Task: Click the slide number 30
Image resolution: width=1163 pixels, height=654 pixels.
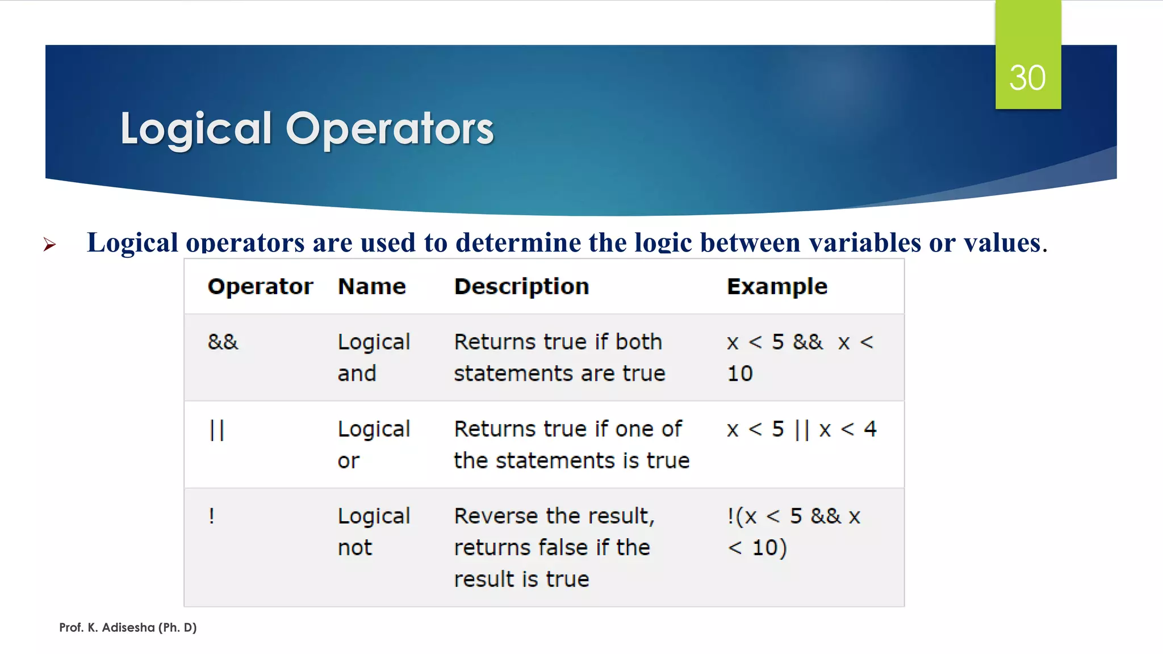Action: (x=1027, y=78)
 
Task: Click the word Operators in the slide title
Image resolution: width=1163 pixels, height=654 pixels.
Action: (x=390, y=129)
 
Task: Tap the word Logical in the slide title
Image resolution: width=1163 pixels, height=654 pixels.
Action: (x=196, y=129)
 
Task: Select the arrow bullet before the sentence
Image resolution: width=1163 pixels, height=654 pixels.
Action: (x=50, y=245)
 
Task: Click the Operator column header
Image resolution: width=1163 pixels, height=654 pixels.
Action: (x=260, y=287)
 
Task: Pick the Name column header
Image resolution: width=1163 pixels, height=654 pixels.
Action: (x=372, y=287)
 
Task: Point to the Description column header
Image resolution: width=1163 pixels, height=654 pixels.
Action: (x=521, y=287)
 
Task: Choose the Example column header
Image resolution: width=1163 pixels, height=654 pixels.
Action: (x=777, y=287)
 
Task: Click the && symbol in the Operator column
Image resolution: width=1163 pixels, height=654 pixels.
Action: (x=223, y=342)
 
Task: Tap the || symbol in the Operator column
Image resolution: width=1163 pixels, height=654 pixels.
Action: (x=217, y=430)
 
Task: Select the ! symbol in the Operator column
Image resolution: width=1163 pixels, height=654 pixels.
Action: (x=211, y=516)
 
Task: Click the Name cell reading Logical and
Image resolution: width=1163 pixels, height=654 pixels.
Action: (x=373, y=358)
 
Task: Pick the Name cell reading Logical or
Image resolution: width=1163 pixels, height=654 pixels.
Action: (x=373, y=445)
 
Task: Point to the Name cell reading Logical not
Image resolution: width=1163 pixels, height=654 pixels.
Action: (x=373, y=531)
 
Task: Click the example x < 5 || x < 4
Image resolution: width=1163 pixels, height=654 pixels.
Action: (x=801, y=429)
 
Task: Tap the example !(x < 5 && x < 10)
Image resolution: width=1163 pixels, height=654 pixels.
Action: (x=793, y=531)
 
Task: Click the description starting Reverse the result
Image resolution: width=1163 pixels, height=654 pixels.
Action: (x=554, y=547)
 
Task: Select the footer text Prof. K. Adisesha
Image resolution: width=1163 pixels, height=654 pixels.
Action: (x=128, y=627)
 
